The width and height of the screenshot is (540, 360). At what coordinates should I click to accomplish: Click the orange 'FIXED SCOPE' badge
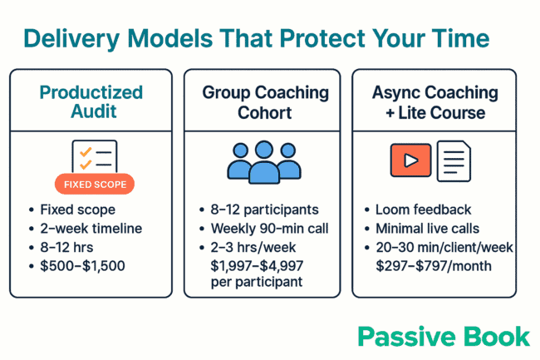click(x=94, y=184)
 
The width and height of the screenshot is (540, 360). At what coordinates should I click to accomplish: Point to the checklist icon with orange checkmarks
click(x=94, y=156)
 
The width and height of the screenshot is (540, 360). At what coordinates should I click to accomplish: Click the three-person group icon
click(x=263, y=161)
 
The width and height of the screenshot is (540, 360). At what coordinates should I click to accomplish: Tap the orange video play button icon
click(x=410, y=160)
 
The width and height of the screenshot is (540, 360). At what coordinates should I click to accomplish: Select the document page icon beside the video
click(x=454, y=161)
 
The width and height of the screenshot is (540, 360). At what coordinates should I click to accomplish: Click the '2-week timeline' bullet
click(x=91, y=229)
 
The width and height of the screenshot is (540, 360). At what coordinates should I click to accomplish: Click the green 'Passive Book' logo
click(x=443, y=336)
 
